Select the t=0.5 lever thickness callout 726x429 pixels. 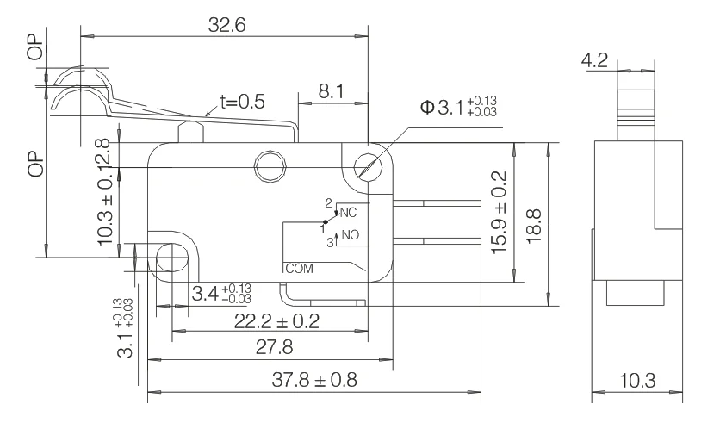241,102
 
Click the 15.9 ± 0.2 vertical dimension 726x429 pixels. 497,212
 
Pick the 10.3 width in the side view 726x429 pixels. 637,380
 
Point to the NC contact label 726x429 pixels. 350,212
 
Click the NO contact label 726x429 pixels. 350,235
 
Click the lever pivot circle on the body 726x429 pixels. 269,166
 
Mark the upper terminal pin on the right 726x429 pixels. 437,203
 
